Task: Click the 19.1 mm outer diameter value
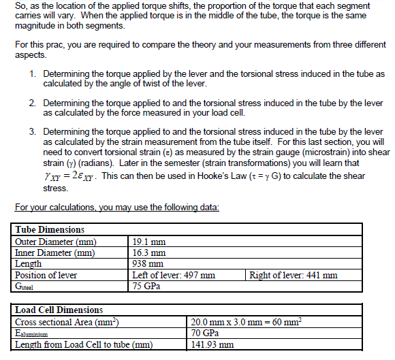148,242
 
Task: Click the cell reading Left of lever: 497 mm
174,275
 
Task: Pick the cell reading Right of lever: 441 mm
294,275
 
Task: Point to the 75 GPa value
147,286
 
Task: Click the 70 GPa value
205,333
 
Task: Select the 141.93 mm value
213,344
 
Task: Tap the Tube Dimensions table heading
50,230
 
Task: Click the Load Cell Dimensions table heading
59,310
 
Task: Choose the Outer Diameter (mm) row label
56,242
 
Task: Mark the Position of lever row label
46,275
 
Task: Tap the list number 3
33,131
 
